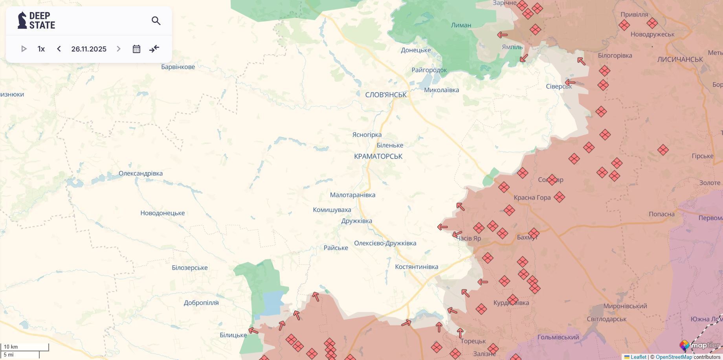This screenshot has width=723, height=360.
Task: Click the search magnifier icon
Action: point(156,21)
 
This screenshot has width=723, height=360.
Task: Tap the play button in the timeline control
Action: point(24,49)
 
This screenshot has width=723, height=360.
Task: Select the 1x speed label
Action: point(41,49)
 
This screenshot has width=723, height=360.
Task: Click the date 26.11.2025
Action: point(89,49)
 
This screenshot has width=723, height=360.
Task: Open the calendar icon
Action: point(136,49)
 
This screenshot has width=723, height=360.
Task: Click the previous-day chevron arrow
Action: point(59,49)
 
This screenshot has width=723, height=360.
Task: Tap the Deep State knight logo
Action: point(22,20)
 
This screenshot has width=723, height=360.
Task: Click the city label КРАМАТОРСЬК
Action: point(378,156)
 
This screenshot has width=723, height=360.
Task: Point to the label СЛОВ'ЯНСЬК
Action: point(386,95)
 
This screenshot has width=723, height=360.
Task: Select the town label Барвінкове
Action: point(178,67)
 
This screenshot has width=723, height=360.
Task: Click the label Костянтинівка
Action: point(417,267)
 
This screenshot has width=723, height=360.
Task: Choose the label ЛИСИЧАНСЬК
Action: point(680,59)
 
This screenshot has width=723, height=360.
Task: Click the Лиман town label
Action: point(461,25)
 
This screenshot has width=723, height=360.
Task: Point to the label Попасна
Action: point(662,214)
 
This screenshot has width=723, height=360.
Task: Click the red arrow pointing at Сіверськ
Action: point(570,83)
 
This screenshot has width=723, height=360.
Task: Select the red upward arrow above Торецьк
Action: point(460,333)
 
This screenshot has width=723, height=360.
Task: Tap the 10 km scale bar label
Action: point(11,347)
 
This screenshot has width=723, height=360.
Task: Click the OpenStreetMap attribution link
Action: point(673,357)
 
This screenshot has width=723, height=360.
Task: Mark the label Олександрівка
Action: point(141,173)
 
